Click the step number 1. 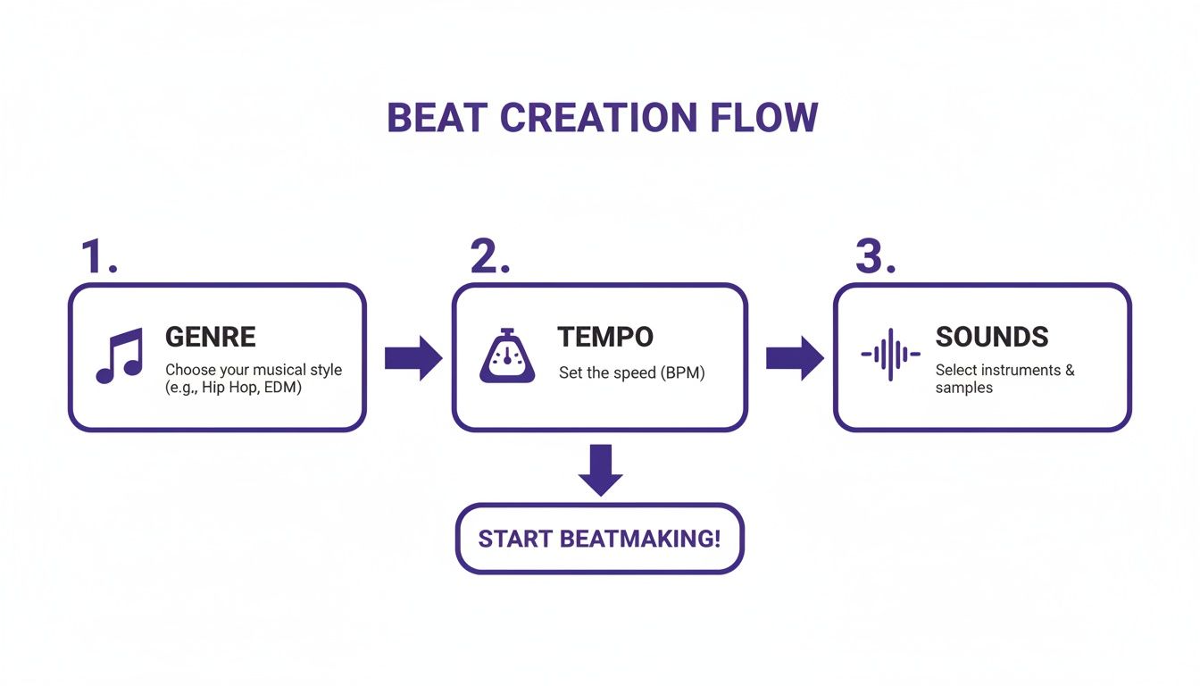[x=98, y=257]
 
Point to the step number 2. [x=489, y=257]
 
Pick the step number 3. [x=875, y=257]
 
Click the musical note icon [x=119, y=356]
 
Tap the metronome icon [x=507, y=356]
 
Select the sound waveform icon [x=889, y=355]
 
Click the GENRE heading [x=211, y=337]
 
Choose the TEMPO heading [x=605, y=337]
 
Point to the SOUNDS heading [x=991, y=337]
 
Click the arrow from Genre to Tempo [x=412, y=358]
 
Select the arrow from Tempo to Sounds [x=795, y=358]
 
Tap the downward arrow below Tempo [x=600, y=470]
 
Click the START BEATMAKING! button [x=599, y=539]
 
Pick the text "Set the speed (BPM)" [x=631, y=373]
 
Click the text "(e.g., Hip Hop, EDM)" [x=233, y=388]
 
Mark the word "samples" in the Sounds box [x=963, y=389]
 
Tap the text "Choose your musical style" [x=254, y=370]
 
